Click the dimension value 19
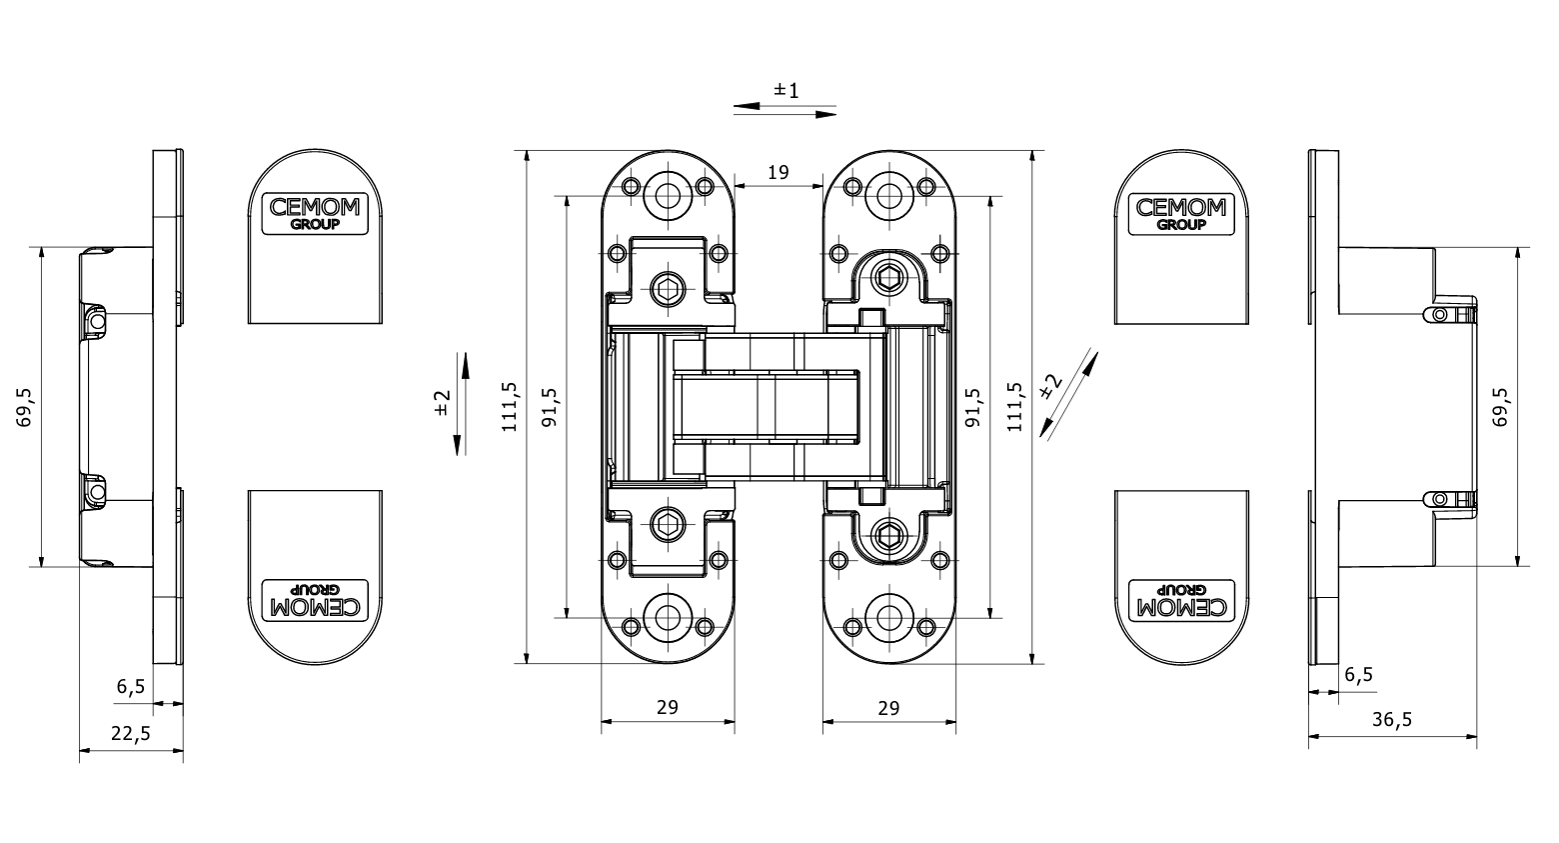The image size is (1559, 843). coord(778,172)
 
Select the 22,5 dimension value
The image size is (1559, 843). coord(131,733)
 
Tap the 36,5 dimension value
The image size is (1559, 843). coord(1392,720)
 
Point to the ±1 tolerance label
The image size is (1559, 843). coord(786,91)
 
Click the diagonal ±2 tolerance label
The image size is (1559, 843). coord(1050,386)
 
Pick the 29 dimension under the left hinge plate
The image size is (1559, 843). coord(668,707)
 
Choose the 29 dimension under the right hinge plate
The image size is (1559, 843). coord(888,708)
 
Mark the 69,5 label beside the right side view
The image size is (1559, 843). coord(1501,408)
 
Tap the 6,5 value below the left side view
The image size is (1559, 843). coord(131,686)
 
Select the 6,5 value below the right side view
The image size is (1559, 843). coord(1359,674)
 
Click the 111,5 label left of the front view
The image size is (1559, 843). coord(510,407)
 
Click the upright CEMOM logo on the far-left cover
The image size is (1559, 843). coord(316,213)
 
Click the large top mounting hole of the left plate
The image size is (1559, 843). coord(667,194)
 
